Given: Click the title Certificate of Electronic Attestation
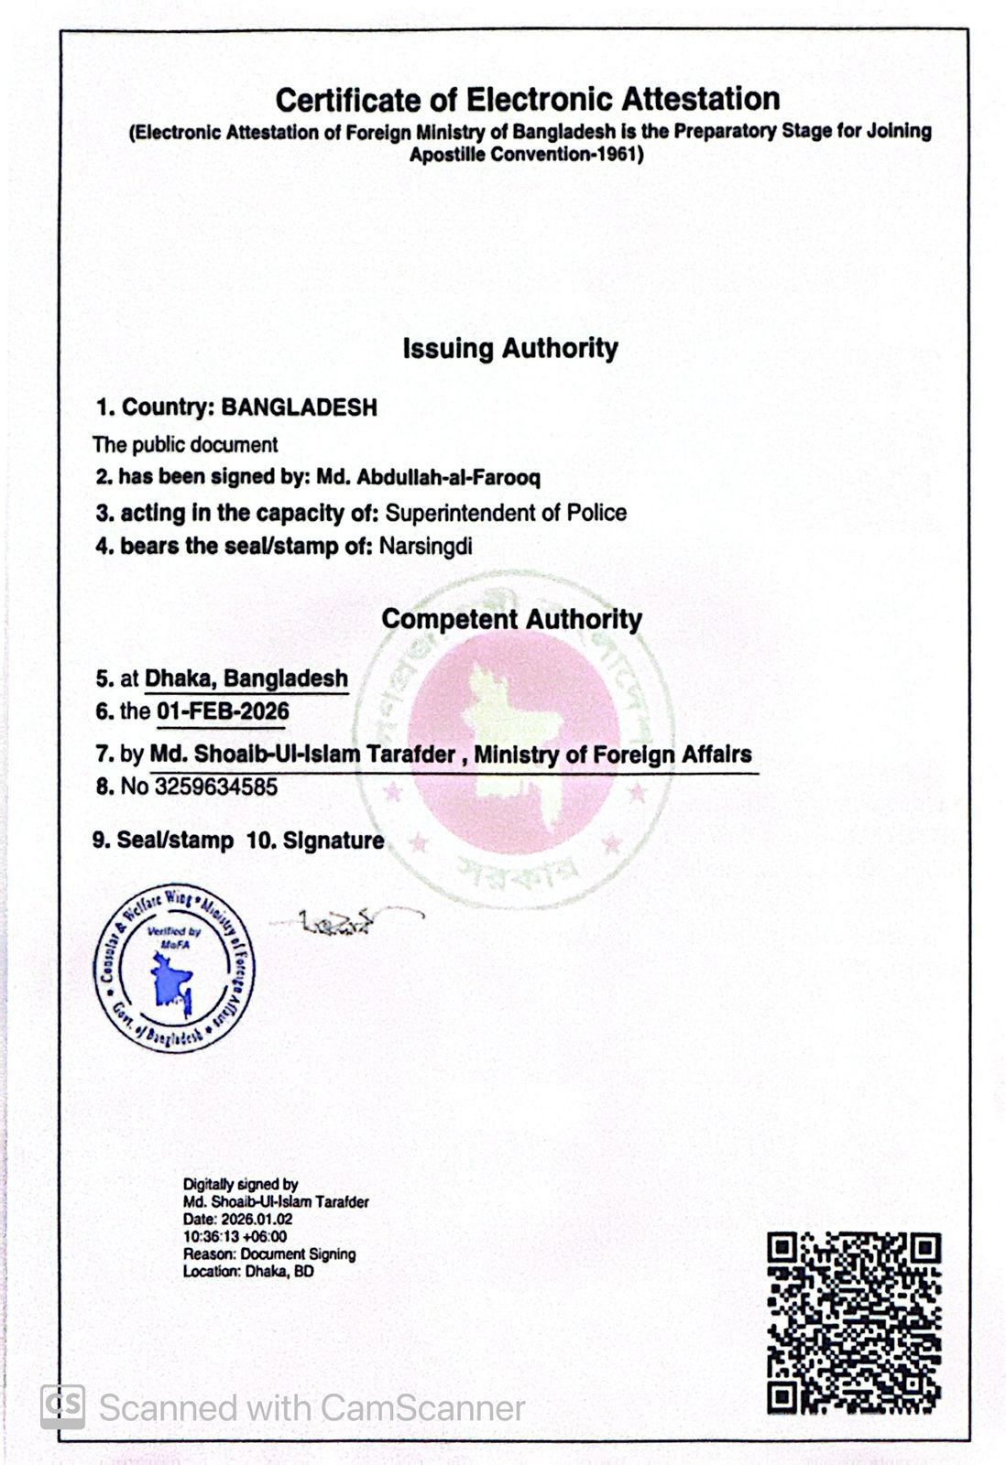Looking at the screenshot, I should click(528, 99).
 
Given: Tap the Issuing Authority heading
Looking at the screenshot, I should click(510, 348).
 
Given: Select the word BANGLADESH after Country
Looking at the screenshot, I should click(300, 407).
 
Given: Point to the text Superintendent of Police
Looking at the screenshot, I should click(506, 512).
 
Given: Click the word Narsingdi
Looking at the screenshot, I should click(426, 547).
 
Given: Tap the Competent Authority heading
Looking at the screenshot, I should click(511, 619).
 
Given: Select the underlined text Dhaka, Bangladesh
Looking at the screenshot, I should click(246, 678).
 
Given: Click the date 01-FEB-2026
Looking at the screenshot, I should click(223, 711).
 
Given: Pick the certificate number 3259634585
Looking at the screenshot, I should click(216, 787).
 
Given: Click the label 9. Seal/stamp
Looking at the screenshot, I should click(162, 841).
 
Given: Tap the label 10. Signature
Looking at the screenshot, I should click(315, 841).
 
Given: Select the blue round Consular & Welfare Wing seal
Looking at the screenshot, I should click(174, 969).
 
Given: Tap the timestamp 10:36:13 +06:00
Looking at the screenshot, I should click(235, 1237).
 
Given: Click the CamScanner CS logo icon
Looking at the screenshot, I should click(62, 1406).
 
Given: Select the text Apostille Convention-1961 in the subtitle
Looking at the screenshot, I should click(527, 154).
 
